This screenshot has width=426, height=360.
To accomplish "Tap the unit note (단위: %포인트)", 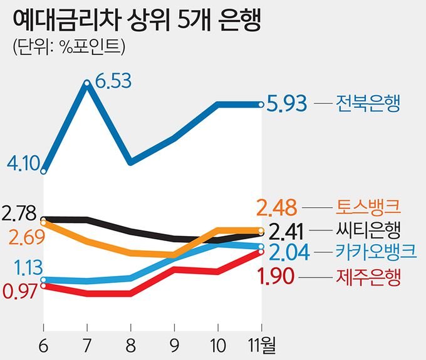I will point(68,48).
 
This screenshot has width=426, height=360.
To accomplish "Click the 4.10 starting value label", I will point(24,165).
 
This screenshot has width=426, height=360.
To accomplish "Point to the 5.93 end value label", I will point(287,103).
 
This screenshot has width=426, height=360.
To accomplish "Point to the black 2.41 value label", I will point(287,231).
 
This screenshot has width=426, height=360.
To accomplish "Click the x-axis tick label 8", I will point(130,345).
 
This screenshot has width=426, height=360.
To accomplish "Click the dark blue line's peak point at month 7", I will point(86,83).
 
